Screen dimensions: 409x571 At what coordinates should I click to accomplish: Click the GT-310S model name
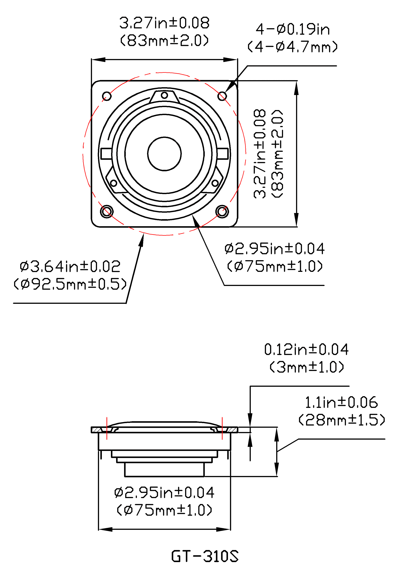coord(205,556)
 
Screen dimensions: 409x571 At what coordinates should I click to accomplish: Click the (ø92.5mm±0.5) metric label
coord(70,284)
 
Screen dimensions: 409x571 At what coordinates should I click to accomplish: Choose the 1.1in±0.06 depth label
coord(341,402)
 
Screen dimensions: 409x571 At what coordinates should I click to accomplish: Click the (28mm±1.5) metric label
coord(341,420)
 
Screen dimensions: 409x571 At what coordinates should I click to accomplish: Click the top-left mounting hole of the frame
coord(107,96)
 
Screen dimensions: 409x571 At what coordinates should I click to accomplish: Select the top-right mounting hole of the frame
coord(222,96)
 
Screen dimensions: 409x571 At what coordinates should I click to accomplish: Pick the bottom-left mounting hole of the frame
coord(107,211)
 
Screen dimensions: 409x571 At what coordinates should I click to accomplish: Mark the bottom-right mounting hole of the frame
coord(222,211)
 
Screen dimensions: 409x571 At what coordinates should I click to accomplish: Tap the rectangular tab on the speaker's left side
coord(106,154)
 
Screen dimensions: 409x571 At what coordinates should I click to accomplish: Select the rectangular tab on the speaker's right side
coord(222,154)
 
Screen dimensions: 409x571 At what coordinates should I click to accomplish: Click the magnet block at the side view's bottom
coord(164,469)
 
